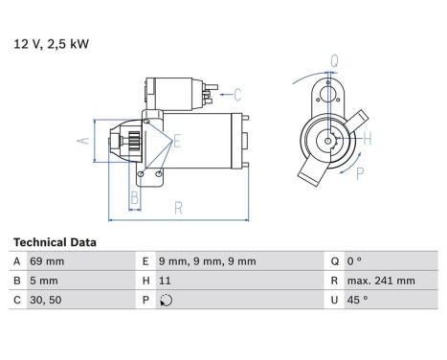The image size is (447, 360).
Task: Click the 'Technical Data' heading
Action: [x=55, y=243]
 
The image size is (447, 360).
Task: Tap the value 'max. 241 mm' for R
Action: [x=381, y=281]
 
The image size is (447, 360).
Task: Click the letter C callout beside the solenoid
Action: [x=237, y=94]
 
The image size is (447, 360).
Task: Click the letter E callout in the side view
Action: [x=177, y=141]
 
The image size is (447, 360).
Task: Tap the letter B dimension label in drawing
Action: [x=135, y=198]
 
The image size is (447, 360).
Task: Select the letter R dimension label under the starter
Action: [x=178, y=208]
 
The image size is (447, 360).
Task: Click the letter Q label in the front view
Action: [x=334, y=60]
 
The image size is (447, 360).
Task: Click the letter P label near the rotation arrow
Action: [x=361, y=173]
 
